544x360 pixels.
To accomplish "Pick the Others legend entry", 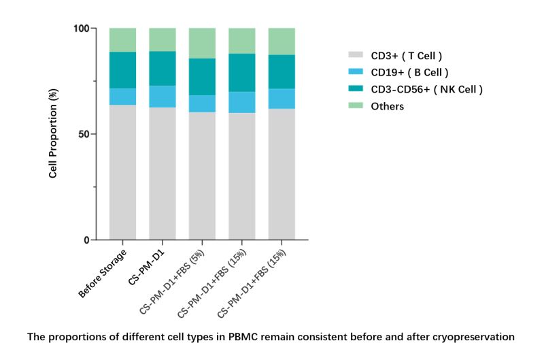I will [387, 106].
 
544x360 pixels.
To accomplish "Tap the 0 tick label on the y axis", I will [87, 240].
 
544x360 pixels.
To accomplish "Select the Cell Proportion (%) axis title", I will [53, 135].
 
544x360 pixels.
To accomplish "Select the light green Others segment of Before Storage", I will [122, 39].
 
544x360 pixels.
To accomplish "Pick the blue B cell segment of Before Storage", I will [122, 97].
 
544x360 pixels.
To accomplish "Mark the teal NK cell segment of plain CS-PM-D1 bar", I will [163, 68].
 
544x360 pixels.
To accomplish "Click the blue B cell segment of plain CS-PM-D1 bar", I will [163, 97].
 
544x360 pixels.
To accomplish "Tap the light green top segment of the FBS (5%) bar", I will [203, 43].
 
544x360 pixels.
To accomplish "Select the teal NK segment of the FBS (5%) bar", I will [203, 77].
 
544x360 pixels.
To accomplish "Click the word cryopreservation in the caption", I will [475, 336].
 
